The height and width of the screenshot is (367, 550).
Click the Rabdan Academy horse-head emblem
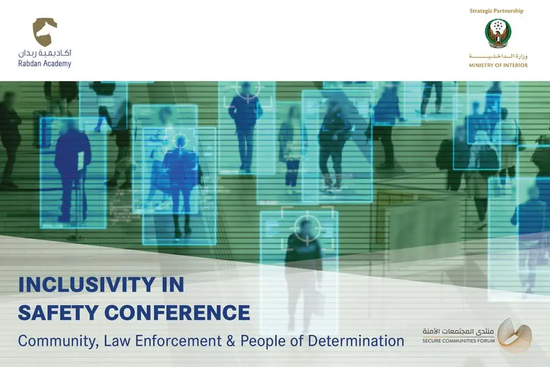point(45,32)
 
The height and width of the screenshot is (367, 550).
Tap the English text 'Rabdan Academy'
point(45,64)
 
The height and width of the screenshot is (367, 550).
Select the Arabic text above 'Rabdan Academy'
point(45,53)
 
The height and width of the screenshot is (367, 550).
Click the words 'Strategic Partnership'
point(496,11)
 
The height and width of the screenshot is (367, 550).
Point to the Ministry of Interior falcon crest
point(497,34)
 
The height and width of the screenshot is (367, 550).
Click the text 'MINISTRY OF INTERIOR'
point(498,65)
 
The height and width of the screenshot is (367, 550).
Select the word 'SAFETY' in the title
point(58,312)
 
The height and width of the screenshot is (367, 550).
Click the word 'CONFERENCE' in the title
point(177,312)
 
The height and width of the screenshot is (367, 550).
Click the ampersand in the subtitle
point(230,341)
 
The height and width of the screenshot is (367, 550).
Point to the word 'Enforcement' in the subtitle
point(178,341)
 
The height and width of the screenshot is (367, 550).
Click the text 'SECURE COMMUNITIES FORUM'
point(458,341)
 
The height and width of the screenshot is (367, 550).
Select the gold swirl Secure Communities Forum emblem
point(515,335)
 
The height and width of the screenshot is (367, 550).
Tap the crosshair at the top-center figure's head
point(248,88)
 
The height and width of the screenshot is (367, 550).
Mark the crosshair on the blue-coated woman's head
point(181,141)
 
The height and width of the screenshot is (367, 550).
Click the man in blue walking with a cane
point(73,172)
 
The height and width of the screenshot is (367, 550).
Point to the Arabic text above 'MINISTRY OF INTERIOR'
point(498,56)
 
